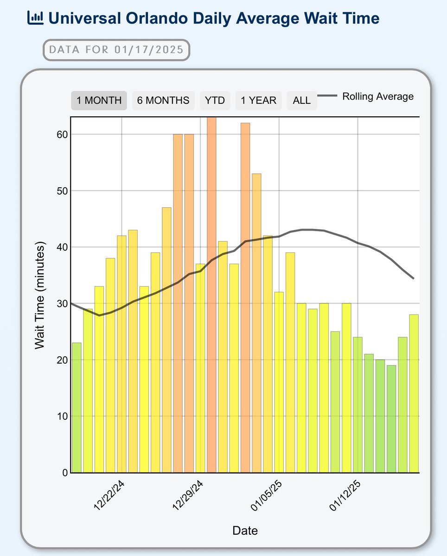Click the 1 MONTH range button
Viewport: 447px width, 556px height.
99,100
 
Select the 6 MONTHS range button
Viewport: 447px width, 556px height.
163,100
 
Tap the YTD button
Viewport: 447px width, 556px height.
215,100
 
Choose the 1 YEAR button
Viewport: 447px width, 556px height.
258,100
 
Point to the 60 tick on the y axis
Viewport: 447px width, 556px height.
62,134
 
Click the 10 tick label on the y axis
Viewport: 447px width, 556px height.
62,416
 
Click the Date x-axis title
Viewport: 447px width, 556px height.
245,531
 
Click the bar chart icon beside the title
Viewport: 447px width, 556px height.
36,18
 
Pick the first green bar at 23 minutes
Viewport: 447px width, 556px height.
77,408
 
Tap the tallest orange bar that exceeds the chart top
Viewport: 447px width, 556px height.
211,295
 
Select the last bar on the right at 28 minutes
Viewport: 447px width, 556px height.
414,394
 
